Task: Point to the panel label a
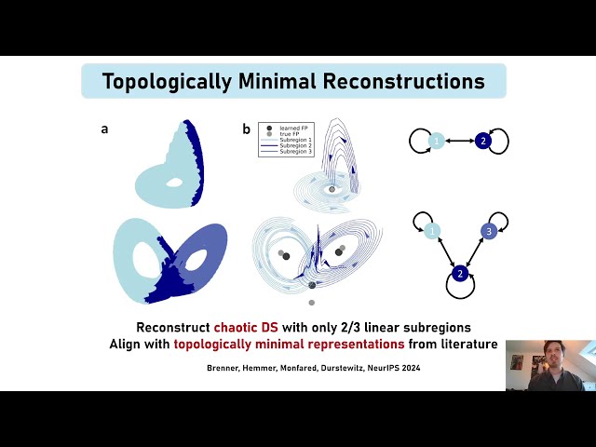coord(104,129)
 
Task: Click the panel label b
coord(246,129)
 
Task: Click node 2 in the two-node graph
coord(482,141)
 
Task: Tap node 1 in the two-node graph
coord(435,141)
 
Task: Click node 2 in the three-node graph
coord(459,273)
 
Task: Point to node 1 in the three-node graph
coord(431,231)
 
